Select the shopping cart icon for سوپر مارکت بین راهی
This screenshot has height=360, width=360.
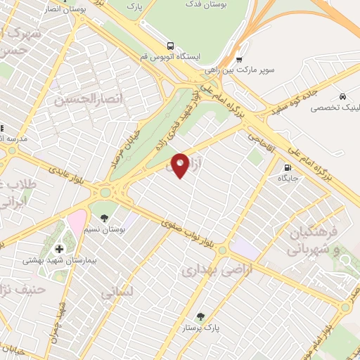(239, 60)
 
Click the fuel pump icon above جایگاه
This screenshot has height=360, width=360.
(287, 167)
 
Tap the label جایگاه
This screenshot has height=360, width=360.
(288, 179)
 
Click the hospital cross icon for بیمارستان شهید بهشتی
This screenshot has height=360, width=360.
(59, 248)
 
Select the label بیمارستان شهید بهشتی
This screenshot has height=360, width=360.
(59, 260)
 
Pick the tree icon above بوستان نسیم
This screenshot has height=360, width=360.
(105, 218)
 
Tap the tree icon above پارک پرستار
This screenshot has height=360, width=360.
(201, 316)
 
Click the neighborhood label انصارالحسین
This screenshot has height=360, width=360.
(84, 99)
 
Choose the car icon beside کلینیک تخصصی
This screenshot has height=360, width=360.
(342, 96)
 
